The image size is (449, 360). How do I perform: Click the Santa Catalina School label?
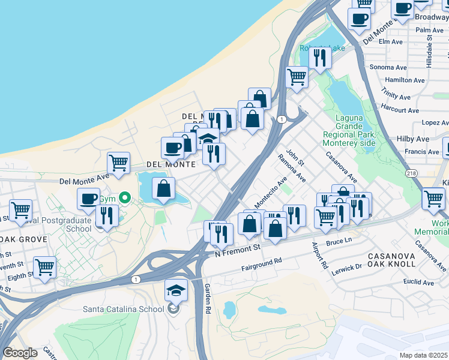point(122,310)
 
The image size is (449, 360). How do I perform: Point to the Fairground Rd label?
point(261,265)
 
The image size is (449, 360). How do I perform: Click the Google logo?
point(20,353)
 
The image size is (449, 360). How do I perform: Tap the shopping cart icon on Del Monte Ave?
point(119,163)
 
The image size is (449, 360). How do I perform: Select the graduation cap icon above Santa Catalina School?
point(176,290)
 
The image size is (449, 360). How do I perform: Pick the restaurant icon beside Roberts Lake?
point(320,58)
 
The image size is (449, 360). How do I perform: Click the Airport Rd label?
point(319,256)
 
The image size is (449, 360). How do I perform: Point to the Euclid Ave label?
point(418,282)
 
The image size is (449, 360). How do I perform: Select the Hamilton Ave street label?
point(405,80)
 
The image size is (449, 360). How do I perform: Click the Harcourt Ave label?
point(400,110)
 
